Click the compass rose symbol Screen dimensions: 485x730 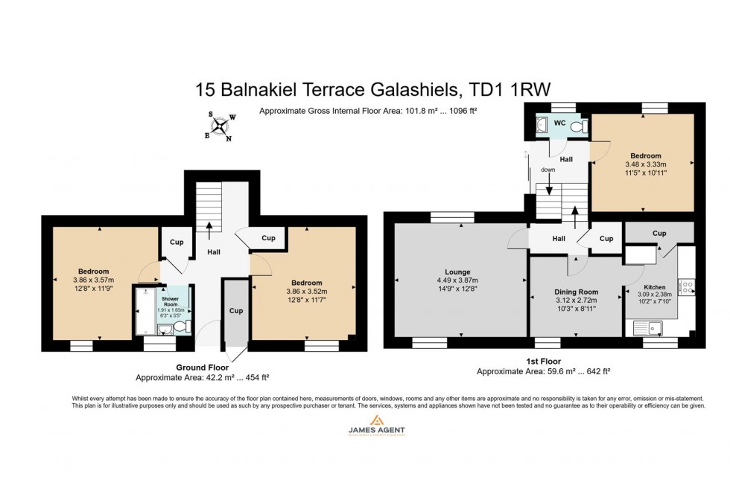[221, 126]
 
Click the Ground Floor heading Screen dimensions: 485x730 [201, 367]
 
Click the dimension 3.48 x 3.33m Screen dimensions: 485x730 [644, 164]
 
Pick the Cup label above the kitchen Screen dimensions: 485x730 [658, 233]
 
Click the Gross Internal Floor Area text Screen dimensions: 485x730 [367, 111]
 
